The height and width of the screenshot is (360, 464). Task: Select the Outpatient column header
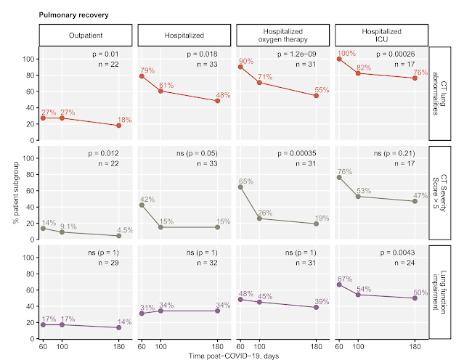tap(86, 35)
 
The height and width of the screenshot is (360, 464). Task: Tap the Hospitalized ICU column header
tap(380, 35)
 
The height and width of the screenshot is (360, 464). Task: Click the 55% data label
tap(322, 90)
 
